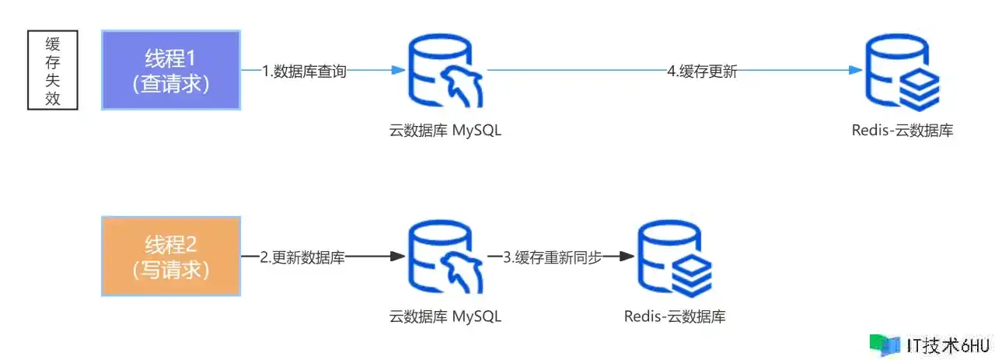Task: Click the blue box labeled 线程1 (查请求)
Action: click(171, 70)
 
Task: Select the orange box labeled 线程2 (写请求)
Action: click(171, 257)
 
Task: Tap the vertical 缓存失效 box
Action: click(54, 70)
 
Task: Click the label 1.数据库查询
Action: click(304, 72)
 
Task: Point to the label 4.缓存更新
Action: click(702, 72)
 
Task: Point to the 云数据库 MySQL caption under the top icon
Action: click(445, 131)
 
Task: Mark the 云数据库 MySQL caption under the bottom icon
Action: click(445, 316)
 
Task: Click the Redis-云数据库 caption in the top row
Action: click(902, 131)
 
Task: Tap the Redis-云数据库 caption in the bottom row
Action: click(675, 316)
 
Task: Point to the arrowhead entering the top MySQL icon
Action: click(399, 70)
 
